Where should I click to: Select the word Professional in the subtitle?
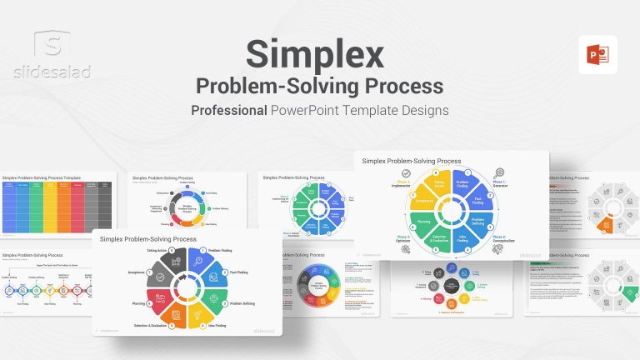point(229,110)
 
